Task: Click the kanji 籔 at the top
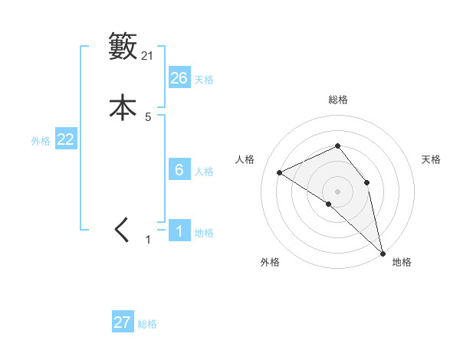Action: tap(123, 46)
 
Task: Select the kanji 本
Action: tap(123, 108)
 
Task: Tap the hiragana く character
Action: tap(122, 231)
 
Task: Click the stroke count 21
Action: tap(148, 55)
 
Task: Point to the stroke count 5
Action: tap(148, 117)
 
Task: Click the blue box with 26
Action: tap(179, 78)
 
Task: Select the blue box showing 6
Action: tap(179, 170)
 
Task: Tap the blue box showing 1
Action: tap(179, 231)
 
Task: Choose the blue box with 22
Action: tap(65, 139)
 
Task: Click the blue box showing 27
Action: tap(122, 322)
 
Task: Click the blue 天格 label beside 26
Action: tap(204, 80)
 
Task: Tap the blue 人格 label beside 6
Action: tap(204, 172)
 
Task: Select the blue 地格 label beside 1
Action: tap(204, 233)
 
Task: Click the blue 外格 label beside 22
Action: tap(41, 141)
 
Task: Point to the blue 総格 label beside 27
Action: tap(147, 324)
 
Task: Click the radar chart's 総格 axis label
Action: tap(337, 100)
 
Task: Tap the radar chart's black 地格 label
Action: tap(402, 262)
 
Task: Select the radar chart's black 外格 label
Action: tap(270, 262)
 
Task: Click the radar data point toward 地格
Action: tap(382, 253)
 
